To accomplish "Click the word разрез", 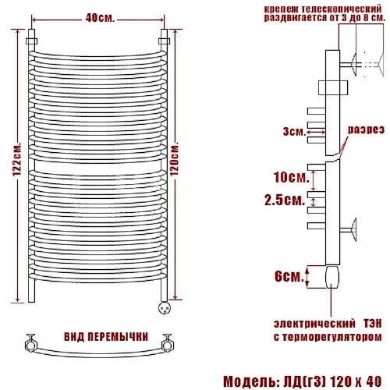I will [x=365, y=130].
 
